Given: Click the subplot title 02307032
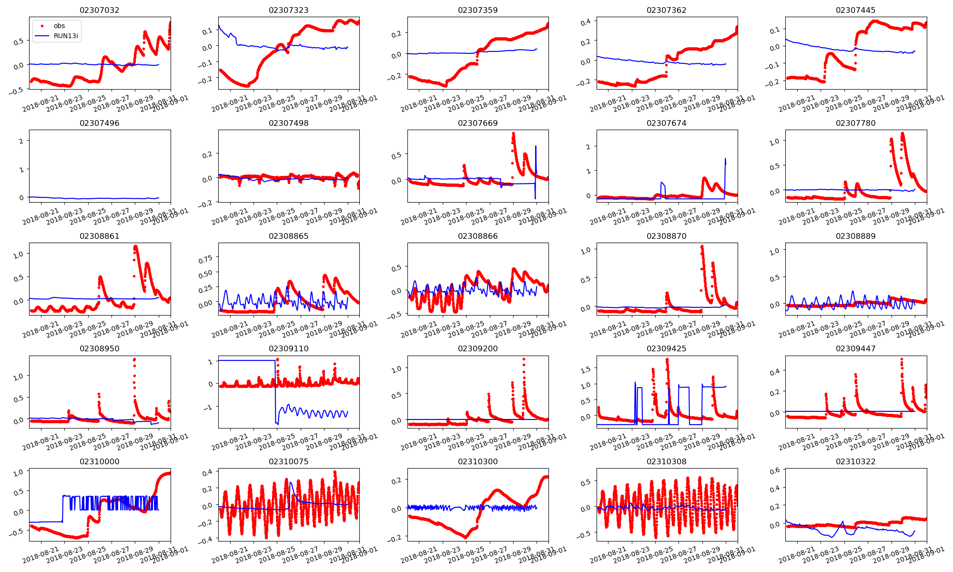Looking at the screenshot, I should coord(100,10).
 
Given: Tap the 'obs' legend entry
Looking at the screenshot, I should coord(59,26).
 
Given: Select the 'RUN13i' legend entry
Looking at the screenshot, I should coord(66,36).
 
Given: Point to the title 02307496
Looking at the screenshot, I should coord(100,123).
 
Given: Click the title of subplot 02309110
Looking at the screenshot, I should coord(289,348).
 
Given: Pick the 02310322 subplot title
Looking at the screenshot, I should coord(856,461).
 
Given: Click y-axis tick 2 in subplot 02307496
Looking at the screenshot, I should coord(21,141).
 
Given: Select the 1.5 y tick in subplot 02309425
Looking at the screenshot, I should coord(586,369).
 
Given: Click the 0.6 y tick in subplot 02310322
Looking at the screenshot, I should coord(774,470).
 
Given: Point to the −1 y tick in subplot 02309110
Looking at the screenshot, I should coord(209,407).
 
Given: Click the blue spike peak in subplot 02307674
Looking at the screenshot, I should coord(725,159).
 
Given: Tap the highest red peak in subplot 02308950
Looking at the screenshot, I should coord(134,359).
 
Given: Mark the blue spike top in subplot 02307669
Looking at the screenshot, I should coord(536,146).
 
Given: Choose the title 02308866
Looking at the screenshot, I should coord(478,236).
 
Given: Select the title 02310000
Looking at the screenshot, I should coord(100,461).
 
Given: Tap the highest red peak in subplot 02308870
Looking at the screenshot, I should coord(702,246).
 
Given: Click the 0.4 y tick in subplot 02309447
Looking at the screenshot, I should coord(774,371).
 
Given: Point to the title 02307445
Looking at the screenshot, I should coord(856,10).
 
